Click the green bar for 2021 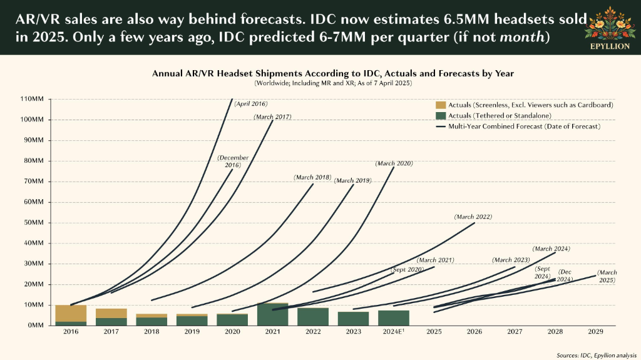point(273,314)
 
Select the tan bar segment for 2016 point(71,314)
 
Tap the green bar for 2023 point(353,319)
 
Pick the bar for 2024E point(394,318)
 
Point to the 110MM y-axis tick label point(31,99)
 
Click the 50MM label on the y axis point(33,222)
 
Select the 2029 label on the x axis point(595,331)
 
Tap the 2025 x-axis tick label point(434,331)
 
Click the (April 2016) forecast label point(251,104)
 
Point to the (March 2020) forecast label point(394,163)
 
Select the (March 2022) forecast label point(473,217)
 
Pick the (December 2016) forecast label point(233,161)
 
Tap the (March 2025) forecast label point(607,276)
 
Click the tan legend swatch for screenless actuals point(441,105)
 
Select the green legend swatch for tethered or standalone point(441,116)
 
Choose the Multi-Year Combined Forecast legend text point(525,126)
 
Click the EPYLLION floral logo point(610,28)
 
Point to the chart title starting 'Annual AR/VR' point(333,74)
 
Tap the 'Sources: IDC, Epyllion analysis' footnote point(597,355)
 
